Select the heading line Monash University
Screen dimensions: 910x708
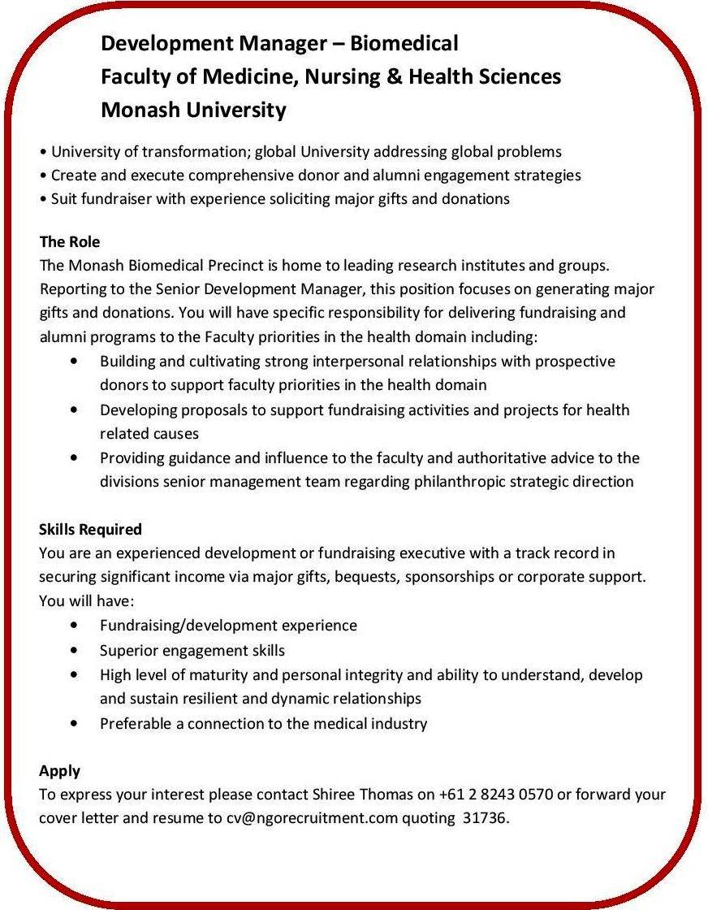click(x=193, y=110)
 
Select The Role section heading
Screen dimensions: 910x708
click(x=69, y=241)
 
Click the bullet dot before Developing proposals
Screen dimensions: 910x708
click(x=75, y=409)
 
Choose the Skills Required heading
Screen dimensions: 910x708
click(x=90, y=529)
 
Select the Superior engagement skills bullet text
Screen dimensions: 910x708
click(x=192, y=650)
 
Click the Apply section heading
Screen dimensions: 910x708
click(x=59, y=770)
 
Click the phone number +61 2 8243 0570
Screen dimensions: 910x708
click(x=495, y=794)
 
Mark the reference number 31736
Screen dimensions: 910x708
click(x=484, y=817)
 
